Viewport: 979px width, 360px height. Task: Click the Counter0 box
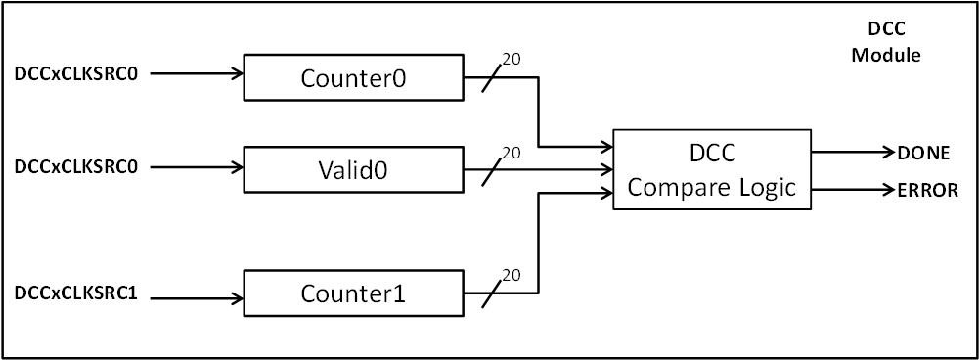[x=352, y=78]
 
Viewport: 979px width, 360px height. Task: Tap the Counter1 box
[x=352, y=293]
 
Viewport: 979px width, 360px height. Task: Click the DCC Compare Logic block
[x=712, y=169]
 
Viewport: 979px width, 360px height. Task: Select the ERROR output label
[x=926, y=191]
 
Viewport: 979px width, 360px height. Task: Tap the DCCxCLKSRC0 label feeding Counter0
[x=76, y=73]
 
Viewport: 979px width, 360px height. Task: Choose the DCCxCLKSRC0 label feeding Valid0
[x=76, y=166]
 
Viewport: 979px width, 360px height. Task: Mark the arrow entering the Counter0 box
[x=196, y=73]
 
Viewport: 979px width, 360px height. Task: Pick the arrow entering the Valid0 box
[x=196, y=166]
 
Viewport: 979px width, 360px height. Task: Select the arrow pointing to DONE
[x=851, y=152]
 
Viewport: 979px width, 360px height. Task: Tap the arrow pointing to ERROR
[x=851, y=189]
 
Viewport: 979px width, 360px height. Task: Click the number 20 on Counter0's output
[x=511, y=60]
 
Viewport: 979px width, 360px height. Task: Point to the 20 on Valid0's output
[x=511, y=153]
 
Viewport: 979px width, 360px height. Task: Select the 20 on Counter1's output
[x=511, y=275]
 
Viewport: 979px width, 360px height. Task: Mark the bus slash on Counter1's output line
[x=493, y=292]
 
